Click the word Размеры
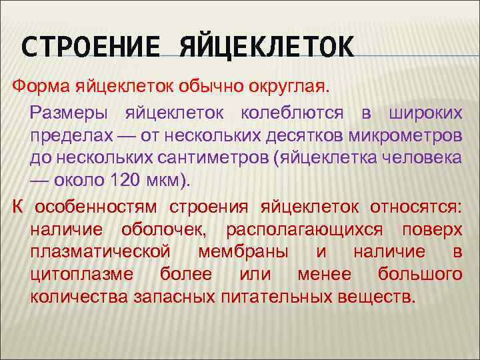tap(67, 115)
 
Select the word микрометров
tap(403, 137)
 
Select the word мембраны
tap(243, 253)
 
